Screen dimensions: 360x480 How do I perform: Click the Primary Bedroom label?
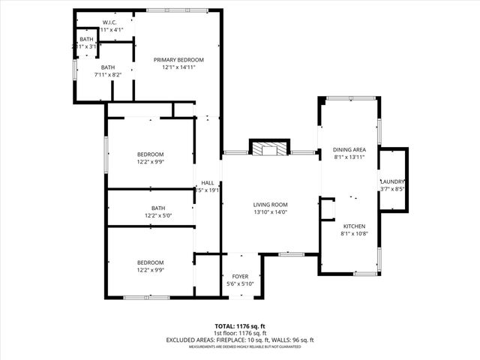point(178,60)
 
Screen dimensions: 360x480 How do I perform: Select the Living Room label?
point(271,205)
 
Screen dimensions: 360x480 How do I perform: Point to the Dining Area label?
point(349,150)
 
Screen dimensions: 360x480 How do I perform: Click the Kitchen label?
point(354,226)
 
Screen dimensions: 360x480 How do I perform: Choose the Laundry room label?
point(392,181)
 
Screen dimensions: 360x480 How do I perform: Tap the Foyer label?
point(240,275)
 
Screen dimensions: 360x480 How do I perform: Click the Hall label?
point(208,183)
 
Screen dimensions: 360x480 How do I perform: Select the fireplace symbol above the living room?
point(269,148)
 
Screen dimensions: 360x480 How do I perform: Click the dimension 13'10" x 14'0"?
point(271,212)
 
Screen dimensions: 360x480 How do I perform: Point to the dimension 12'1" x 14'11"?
point(178,67)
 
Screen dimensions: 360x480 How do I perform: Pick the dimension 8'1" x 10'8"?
point(354,234)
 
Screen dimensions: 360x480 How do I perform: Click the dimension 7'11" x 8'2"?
point(109,75)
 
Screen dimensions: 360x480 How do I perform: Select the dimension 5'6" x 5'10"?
point(240,283)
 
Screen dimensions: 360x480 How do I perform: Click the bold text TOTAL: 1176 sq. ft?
point(240,325)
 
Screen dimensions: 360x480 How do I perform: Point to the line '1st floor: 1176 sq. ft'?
point(240,332)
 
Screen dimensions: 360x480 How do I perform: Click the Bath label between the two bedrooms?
point(158,208)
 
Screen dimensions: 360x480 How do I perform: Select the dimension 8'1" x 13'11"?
point(349,157)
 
